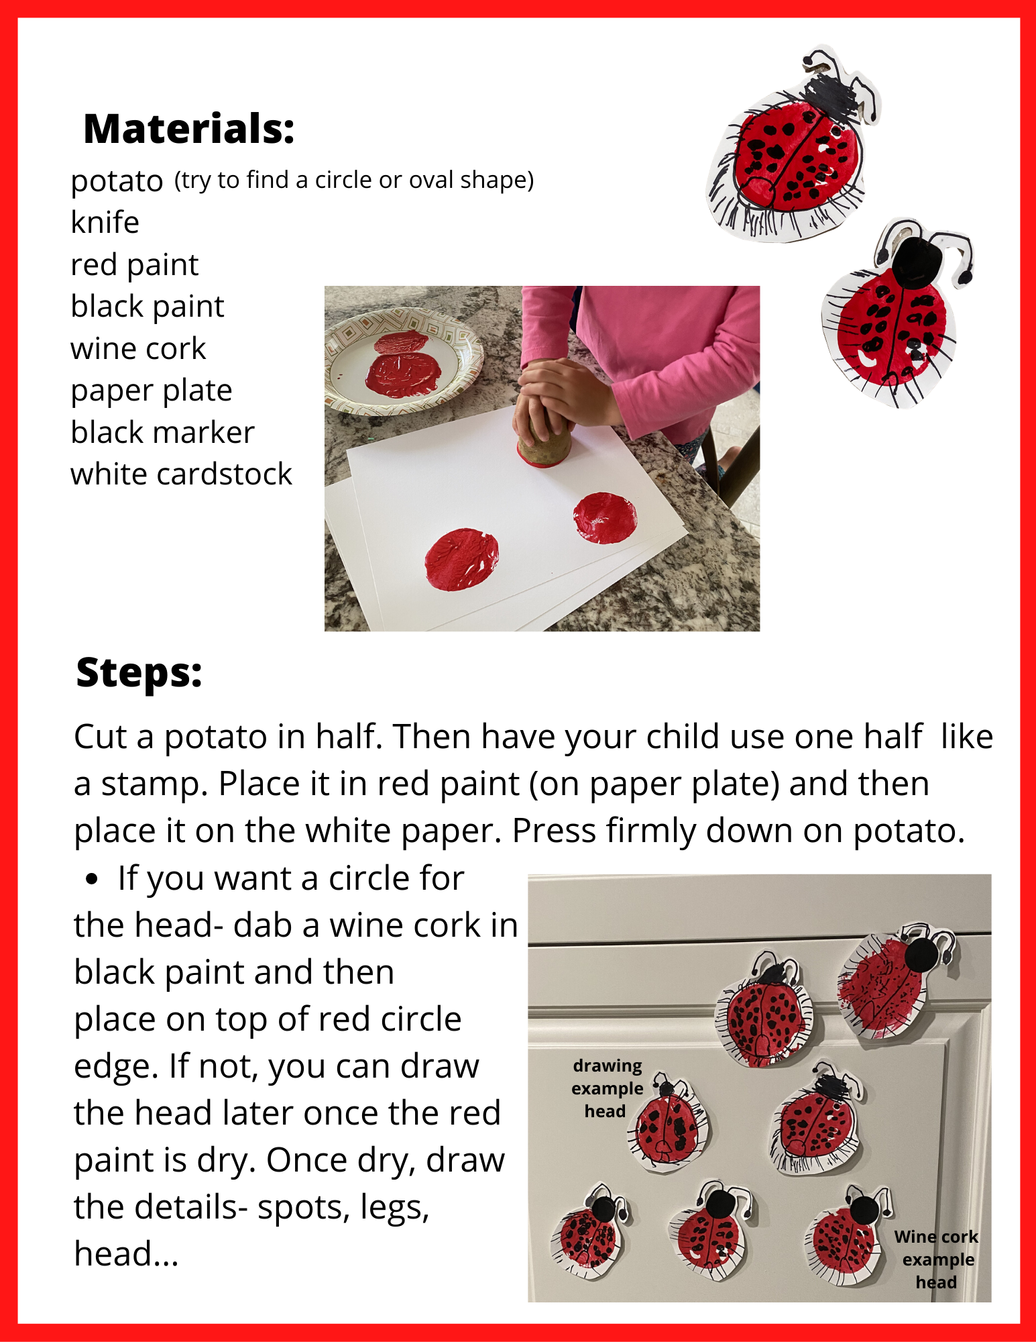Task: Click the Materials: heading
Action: pyautogui.click(x=188, y=129)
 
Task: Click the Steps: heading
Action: pyautogui.click(x=139, y=672)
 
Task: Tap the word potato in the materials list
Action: pyautogui.click(x=117, y=181)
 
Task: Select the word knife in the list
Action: pyautogui.click(x=105, y=222)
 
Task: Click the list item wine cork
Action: pyautogui.click(x=138, y=349)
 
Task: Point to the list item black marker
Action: pyautogui.click(x=162, y=433)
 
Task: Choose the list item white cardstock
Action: pyautogui.click(x=181, y=474)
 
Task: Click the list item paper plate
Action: pyautogui.click(x=152, y=391)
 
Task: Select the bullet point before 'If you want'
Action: pyautogui.click(x=93, y=880)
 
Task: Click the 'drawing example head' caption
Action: pyautogui.click(x=606, y=1088)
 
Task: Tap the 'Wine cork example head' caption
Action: pyautogui.click(x=937, y=1259)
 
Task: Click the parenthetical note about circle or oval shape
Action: pyautogui.click(x=354, y=180)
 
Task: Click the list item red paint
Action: pyautogui.click(x=134, y=265)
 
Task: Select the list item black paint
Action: pyautogui.click(x=147, y=307)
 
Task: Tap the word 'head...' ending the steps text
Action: pyautogui.click(x=126, y=1253)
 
